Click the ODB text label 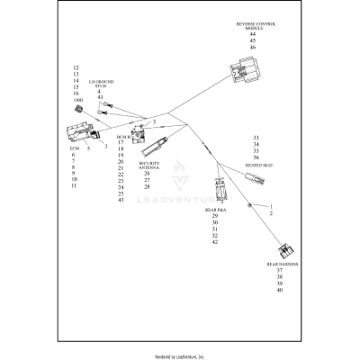click(76, 100)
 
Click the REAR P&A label click(215, 209)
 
